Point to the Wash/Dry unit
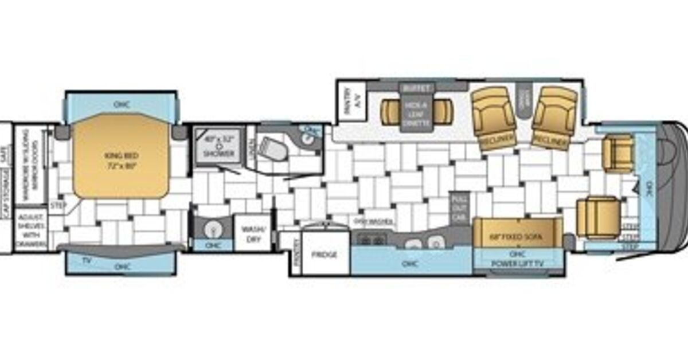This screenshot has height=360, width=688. [252, 232]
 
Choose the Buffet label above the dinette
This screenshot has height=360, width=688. [416, 88]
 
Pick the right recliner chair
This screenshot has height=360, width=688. [553, 118]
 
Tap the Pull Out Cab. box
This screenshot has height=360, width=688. [459, 207]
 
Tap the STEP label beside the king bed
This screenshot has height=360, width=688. [57, 204]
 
